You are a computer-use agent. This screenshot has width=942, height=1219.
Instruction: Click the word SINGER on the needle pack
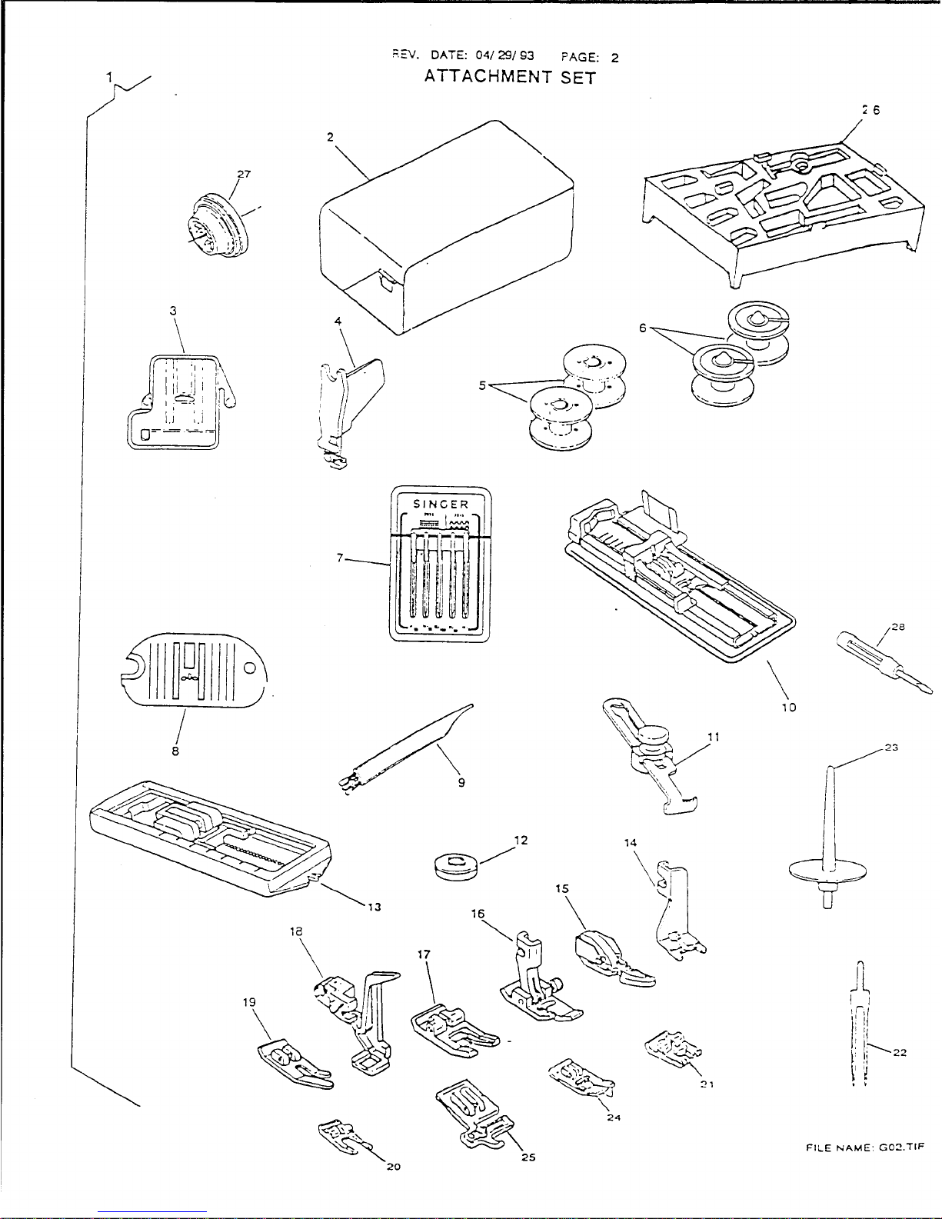[x=441, y=504]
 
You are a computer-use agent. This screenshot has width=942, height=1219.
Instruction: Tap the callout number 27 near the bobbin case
[x=243, y=174]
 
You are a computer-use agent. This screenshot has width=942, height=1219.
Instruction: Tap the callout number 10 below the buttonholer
[x=788, y=707]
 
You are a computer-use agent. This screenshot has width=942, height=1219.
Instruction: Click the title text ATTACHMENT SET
[x=510, y=78]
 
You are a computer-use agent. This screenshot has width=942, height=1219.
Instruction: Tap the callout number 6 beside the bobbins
[x=642, y=327]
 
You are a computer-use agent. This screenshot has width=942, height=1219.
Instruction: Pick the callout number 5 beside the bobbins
[x=481, y=385]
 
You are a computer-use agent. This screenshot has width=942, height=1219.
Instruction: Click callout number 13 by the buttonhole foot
[x=374, y=905]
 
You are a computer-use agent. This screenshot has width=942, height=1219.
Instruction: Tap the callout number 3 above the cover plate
[x=174, y=310]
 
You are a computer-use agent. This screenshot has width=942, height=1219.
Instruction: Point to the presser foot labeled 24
[x=577, y=1077]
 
